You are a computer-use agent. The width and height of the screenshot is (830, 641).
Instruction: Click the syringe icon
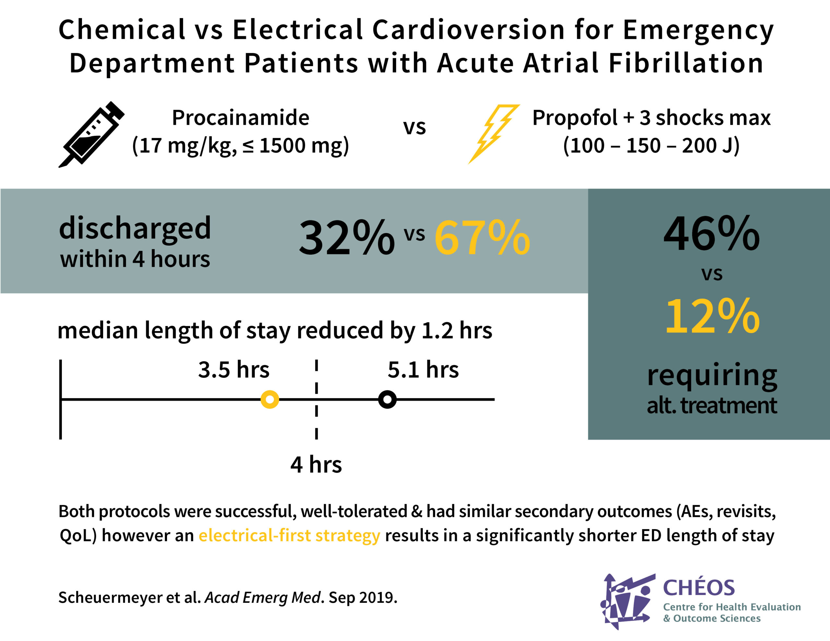91,134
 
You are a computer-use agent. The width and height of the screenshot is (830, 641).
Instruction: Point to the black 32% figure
347,238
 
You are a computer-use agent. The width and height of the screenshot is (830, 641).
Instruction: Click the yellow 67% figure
482,238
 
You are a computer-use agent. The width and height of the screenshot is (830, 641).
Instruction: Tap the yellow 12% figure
712,316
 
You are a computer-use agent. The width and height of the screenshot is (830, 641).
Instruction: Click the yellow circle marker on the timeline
269,399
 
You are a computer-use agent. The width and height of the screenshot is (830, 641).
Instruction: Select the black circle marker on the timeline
387,399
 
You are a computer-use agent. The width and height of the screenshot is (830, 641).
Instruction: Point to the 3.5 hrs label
233,369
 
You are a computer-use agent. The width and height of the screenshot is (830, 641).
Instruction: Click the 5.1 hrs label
423,369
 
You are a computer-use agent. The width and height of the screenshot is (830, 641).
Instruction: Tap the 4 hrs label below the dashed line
316,464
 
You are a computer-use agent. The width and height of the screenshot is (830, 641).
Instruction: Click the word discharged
135,229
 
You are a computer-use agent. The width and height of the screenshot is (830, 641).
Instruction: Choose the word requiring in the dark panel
712,375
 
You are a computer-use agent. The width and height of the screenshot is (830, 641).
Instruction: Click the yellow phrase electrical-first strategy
289,535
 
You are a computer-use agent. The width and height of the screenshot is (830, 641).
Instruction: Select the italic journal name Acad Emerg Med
263,597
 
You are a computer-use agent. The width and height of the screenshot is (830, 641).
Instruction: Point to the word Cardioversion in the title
468,29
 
